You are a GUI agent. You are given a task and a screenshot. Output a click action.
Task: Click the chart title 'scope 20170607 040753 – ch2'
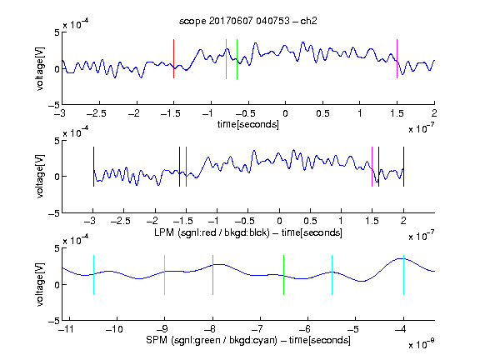(248, 21)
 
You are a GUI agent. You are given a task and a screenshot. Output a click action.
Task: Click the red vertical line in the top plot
(174, 59)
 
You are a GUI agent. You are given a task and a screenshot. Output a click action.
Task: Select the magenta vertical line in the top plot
(397, 59)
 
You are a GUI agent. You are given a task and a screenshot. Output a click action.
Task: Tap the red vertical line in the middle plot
(186, 167)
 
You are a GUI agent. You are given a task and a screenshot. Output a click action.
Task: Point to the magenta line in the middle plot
(372, 167)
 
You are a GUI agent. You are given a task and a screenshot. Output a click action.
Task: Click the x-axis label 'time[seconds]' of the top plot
(248, 124)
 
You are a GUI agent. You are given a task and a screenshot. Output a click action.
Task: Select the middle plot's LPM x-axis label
(248, 232)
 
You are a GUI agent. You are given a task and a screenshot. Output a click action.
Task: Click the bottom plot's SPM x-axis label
(248, 340)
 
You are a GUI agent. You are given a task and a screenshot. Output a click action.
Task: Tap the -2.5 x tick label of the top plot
(97, 113)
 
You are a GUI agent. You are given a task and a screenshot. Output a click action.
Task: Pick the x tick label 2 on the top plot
(434, 113)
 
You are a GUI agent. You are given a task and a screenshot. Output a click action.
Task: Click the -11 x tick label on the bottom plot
(67, 329)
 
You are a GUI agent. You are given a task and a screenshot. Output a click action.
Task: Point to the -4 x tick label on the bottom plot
(400, 329)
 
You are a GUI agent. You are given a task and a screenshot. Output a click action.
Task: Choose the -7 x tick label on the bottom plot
(257, 329)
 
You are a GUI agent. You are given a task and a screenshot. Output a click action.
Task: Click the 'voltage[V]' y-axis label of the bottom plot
(40, 284)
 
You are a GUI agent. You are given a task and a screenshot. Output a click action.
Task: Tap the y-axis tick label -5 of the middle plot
(54, 213)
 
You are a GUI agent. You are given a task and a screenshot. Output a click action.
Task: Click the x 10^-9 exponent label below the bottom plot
(421, 344)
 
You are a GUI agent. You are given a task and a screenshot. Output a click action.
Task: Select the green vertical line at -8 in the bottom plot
(212, 275)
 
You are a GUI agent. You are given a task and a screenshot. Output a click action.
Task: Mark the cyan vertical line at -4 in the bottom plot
(403, 275)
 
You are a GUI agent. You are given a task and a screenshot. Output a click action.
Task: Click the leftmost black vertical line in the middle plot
(93, 167)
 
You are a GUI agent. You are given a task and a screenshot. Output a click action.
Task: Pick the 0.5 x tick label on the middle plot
(310, 221)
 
